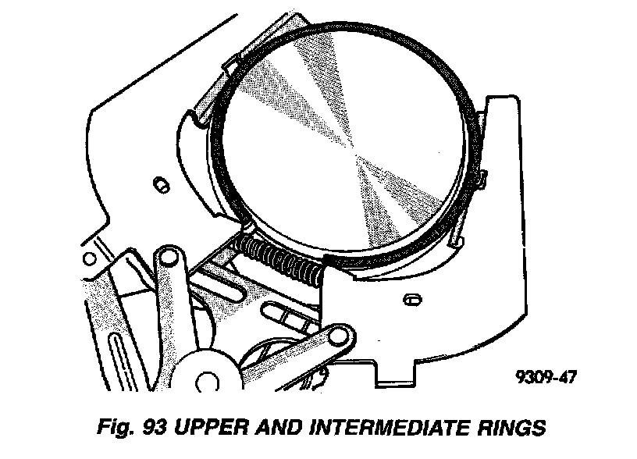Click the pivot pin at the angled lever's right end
(336, 337)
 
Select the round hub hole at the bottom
(207, 382)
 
